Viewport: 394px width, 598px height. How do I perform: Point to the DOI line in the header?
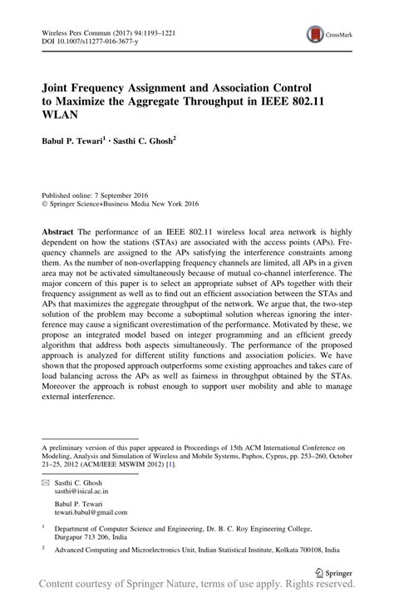tap(86, 39)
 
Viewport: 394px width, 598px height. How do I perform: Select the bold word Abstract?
tap(62, 229)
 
